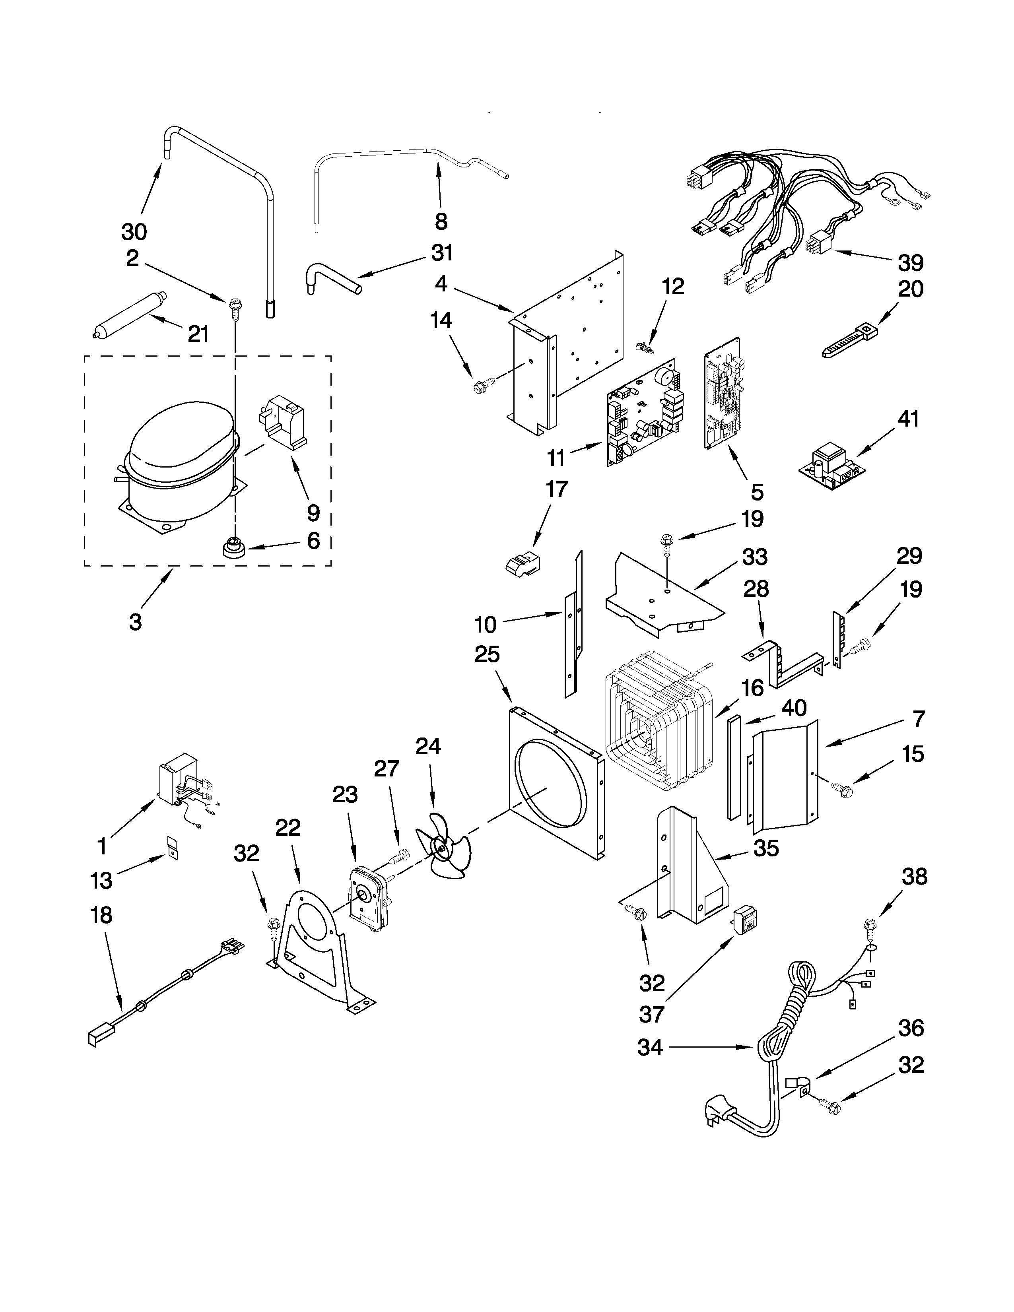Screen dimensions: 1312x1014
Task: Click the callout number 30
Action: point(134,231)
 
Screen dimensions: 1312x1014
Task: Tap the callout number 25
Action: point(487,654)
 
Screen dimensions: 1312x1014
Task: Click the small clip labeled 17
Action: point(521,565)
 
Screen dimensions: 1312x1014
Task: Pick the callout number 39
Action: point(911,262)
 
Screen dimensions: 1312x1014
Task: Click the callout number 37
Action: point(652,1015)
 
